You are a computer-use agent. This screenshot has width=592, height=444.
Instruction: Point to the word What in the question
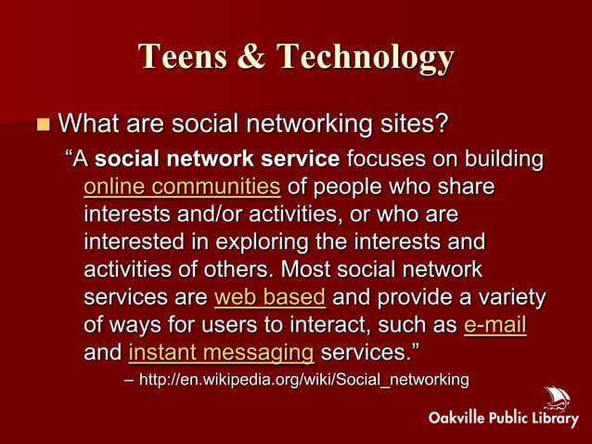coord(92,123)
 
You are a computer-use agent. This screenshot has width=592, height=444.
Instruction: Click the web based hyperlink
coord(269,298)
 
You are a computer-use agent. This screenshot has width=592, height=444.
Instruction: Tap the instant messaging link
coord(220,354)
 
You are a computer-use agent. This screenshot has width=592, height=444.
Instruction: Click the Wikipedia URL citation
coord(303,380)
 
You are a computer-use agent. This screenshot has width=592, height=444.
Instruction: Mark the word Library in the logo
coord(551,418)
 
